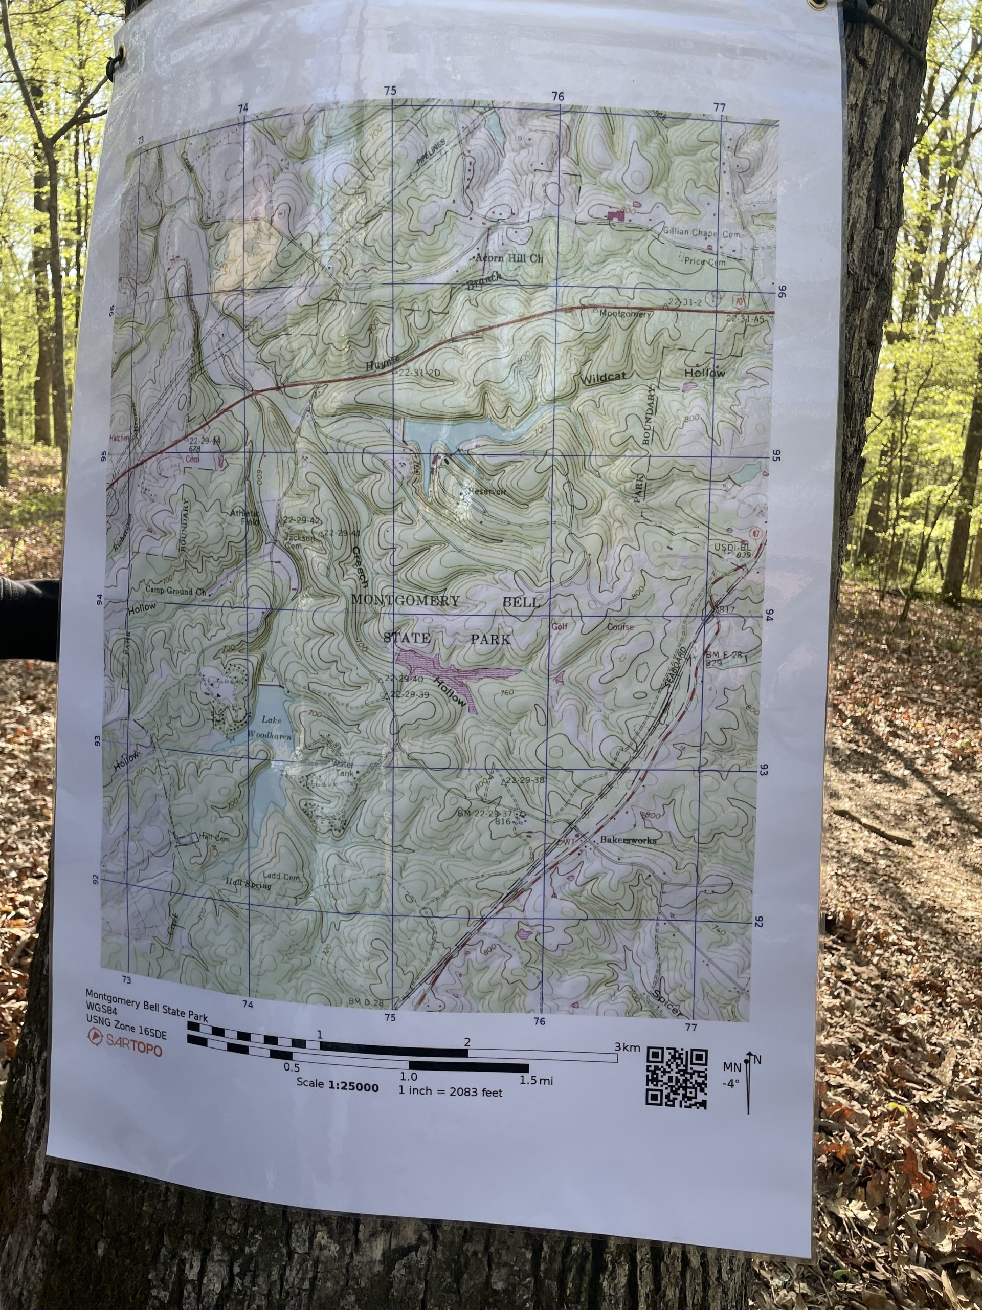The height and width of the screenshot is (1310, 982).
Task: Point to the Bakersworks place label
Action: (628, 840)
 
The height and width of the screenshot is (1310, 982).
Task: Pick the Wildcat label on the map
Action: (604, 378)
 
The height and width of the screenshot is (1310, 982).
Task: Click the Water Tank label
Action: (344, 768)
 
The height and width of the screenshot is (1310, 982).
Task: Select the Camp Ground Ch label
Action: (176, 591)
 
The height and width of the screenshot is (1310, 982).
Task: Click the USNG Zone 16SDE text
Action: (127, 1035)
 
